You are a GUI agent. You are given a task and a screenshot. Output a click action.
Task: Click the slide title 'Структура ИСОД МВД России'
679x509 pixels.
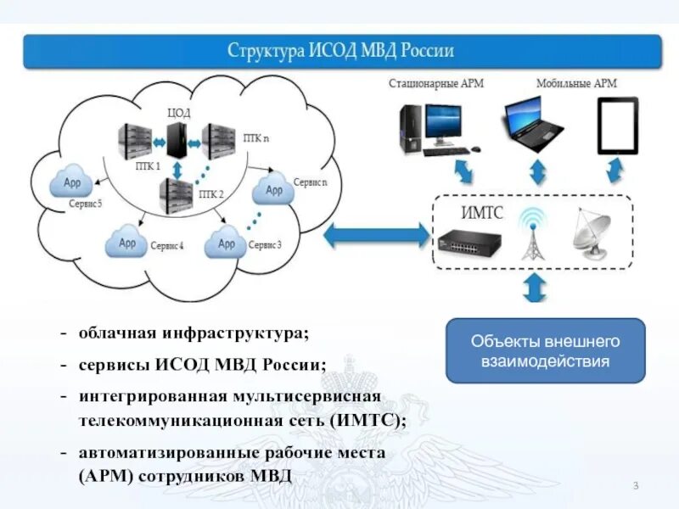341,51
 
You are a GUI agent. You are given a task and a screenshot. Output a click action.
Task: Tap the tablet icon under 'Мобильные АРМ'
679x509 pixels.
617,126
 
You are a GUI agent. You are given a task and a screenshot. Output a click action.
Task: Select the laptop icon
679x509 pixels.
533,124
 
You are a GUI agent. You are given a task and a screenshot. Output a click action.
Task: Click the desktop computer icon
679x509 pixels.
437,127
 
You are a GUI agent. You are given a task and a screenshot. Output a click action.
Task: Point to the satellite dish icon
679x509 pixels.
593,230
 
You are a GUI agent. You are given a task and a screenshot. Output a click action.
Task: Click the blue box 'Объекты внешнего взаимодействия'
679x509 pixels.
546,351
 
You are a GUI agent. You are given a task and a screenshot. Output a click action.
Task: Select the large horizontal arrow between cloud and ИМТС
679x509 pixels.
376,234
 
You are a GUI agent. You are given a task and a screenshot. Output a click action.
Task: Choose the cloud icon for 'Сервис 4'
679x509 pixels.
126,243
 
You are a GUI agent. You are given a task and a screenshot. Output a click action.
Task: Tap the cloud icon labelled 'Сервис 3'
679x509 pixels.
226,244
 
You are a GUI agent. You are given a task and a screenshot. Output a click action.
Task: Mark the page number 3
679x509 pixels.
636,484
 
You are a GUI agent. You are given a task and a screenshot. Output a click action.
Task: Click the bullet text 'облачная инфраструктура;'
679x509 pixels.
194,333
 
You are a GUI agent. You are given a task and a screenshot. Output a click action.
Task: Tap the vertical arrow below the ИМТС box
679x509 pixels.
535,286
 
